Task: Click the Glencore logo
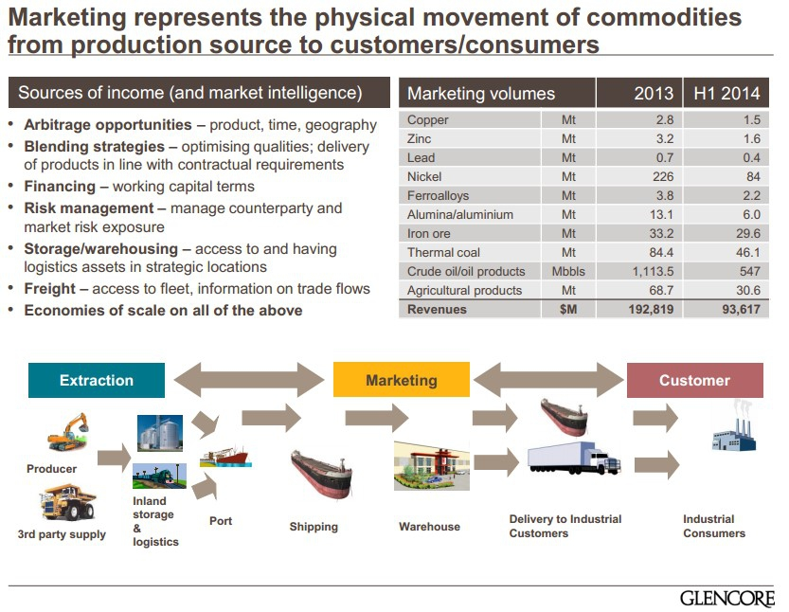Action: [726, 598]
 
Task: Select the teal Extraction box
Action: [97, 380]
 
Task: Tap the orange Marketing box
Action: [402, 380]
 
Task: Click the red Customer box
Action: [694, 380]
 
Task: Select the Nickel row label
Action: [424, 176]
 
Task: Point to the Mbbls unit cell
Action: [568, 271]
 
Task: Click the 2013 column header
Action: [654, 93]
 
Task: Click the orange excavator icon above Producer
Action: [68, 432]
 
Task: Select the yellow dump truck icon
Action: [66, 500]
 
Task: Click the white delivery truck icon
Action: [573, 459]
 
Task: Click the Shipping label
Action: [314, 527]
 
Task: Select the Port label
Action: [221, 521]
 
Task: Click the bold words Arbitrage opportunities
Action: [108, 125]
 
